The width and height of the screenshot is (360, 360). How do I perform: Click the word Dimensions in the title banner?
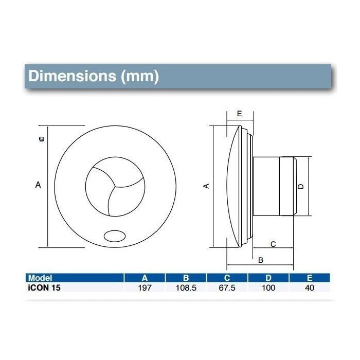[73, 76]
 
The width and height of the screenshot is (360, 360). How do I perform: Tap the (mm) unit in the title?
[140, 77]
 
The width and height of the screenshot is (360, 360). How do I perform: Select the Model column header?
[40, 278]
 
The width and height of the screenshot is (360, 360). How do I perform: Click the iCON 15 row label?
[44, 287]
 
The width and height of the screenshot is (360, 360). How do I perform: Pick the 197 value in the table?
[145, 287]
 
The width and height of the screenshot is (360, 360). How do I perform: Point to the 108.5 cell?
[186, 287]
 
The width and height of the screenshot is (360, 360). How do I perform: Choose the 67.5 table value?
[227, 287]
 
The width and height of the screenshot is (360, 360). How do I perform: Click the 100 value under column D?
[268, 287]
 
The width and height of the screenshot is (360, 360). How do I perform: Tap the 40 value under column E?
[310, 287]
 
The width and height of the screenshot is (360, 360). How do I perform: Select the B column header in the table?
[186, 278]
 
